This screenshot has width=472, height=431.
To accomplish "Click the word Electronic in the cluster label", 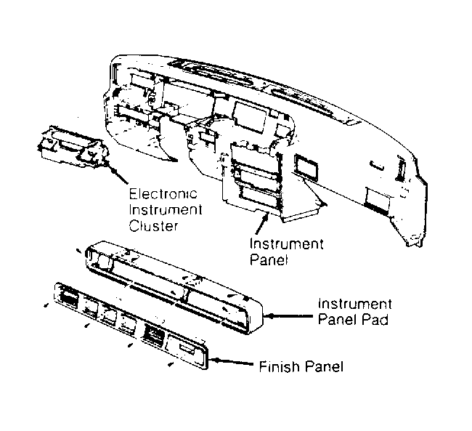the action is tap(163, 194).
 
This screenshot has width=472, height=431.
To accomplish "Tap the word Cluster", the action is tap(153, 226).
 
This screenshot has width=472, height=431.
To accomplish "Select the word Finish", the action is tap(279, 367).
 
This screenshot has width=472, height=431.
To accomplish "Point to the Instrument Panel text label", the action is tap(286, 251).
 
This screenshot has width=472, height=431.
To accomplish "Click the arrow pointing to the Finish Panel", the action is tap(231, 361).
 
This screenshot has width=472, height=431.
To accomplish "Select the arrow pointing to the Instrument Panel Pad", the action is tap(290, 316).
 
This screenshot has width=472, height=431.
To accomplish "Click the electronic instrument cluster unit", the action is tap(72, 146).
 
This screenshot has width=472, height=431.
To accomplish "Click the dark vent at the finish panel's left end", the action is tap(69, 299).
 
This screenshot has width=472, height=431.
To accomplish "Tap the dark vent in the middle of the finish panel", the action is tap(154, 334).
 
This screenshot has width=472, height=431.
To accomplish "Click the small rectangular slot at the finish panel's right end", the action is tap(187, 349).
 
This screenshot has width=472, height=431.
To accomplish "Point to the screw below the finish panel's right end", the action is tap(171, 365).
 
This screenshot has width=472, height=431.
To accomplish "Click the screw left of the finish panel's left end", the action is tap(46, 305).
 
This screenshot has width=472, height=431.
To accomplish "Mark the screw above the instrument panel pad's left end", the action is tap(78, 251).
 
